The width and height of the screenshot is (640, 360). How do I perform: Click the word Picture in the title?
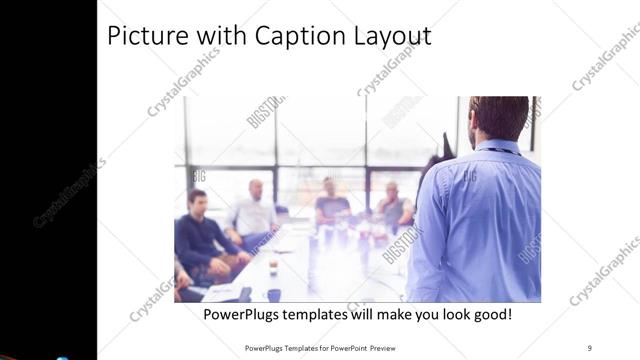[x=147, y=36]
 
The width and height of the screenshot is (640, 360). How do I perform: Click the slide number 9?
[x=589, y=348]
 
